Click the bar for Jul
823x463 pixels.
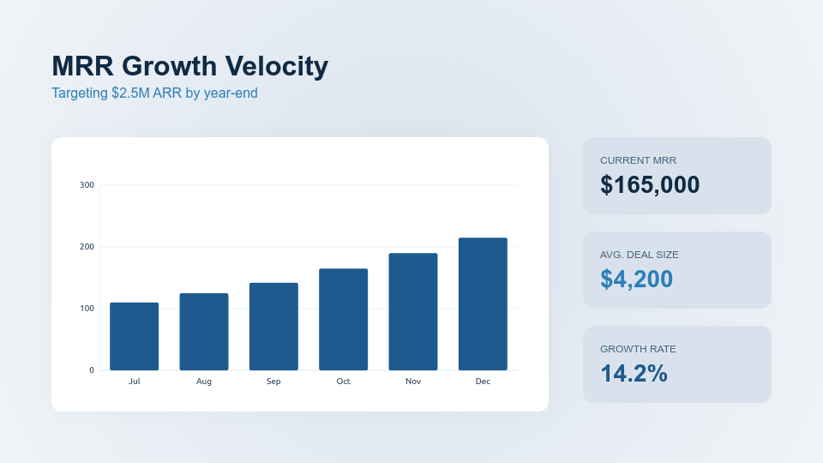135,336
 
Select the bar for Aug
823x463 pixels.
204,332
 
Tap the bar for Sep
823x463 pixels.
273,327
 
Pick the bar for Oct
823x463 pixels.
343,319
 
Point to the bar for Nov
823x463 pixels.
413,311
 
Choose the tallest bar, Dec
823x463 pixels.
483,304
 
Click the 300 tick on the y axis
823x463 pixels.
87,185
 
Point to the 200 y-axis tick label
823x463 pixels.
87,247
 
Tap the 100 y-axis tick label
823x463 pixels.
87,309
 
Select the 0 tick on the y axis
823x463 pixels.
92,370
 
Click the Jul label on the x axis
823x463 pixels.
135,382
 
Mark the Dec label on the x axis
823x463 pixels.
483,382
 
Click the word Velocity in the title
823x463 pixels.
276,66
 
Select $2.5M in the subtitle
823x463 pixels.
130,93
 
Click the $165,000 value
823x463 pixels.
650,184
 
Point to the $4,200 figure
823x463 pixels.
636,279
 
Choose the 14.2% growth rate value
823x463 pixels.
634,373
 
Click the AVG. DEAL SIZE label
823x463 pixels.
639,255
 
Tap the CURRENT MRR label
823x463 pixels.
638,160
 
